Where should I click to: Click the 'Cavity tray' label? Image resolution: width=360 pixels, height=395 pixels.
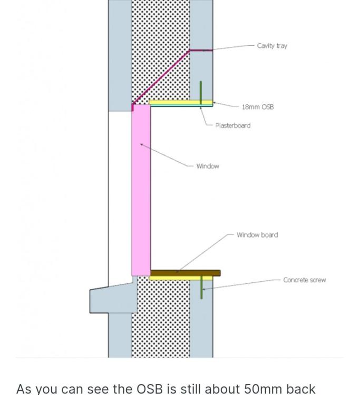point(272,46)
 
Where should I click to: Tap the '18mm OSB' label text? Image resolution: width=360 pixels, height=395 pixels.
point(258,107)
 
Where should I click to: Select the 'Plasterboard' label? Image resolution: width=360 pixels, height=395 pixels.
point(233,125)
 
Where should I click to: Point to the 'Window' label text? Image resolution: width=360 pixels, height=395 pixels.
point(208,166)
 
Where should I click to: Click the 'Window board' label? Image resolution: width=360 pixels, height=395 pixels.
point(257,235)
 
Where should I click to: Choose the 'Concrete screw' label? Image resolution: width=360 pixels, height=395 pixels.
point(305,280)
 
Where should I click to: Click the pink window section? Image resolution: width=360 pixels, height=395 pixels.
point(141,190)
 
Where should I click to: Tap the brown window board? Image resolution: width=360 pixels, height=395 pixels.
point(186,273)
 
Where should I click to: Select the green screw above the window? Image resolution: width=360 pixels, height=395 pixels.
point(201,93)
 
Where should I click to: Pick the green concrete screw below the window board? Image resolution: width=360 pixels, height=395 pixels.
point(201,287)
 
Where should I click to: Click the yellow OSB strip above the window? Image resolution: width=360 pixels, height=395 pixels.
point(181,102)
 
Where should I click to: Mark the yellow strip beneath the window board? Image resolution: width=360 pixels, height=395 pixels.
point(181,278)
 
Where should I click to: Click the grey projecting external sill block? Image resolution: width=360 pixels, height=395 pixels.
point(113,298)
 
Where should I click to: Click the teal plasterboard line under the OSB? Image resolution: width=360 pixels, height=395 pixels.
point(181,105)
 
